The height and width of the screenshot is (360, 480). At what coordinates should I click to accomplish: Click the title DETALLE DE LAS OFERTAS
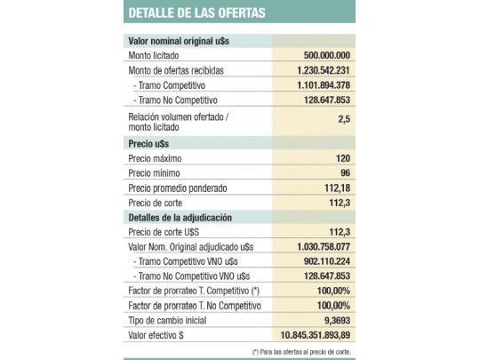[196, 12]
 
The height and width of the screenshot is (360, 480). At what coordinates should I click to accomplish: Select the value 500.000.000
[324, 55]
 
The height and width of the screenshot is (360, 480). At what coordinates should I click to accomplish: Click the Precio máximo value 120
[342, 157]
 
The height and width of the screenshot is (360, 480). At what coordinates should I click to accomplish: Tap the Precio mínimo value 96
[344, 172]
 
